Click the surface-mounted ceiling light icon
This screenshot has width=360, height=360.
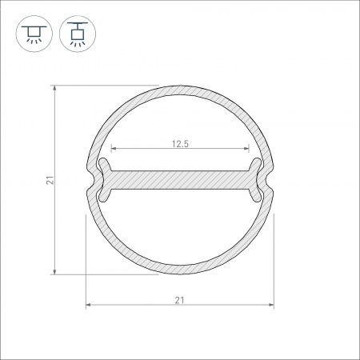click(x=33, y=32)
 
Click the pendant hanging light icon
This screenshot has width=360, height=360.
click(x=77, y=32)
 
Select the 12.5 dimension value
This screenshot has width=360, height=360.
click(x=179, y=144)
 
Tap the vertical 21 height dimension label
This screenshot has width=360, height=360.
click(x=49, y=182)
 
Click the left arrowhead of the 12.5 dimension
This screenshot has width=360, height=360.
click(x=112, y=150)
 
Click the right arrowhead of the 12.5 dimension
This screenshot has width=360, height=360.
click(x=246, y=150)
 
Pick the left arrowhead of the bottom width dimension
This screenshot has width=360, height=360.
click(x=88, y=305)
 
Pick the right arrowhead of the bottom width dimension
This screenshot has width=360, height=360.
click(x=271, y=305)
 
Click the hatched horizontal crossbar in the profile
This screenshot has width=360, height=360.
click(x=179, y=180)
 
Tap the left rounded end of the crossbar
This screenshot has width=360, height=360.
click(x=102, y=179)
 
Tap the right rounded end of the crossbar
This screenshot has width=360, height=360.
click(x=256, y=179)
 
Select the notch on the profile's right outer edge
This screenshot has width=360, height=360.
click(x=273, y=180)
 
